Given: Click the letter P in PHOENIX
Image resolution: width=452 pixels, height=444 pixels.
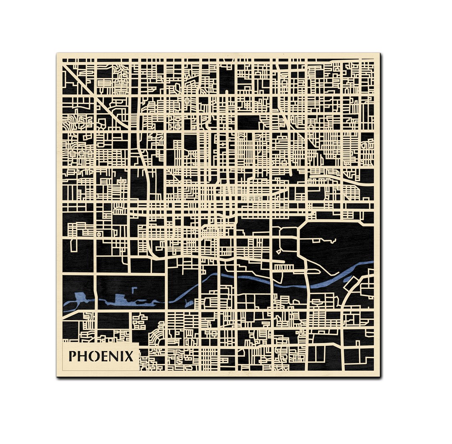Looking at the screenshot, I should tap(72, 356).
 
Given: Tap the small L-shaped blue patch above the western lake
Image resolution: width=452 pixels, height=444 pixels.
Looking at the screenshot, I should tap(134, 290).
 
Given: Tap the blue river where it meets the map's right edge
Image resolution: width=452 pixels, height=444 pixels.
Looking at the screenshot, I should tap(372, 263).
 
